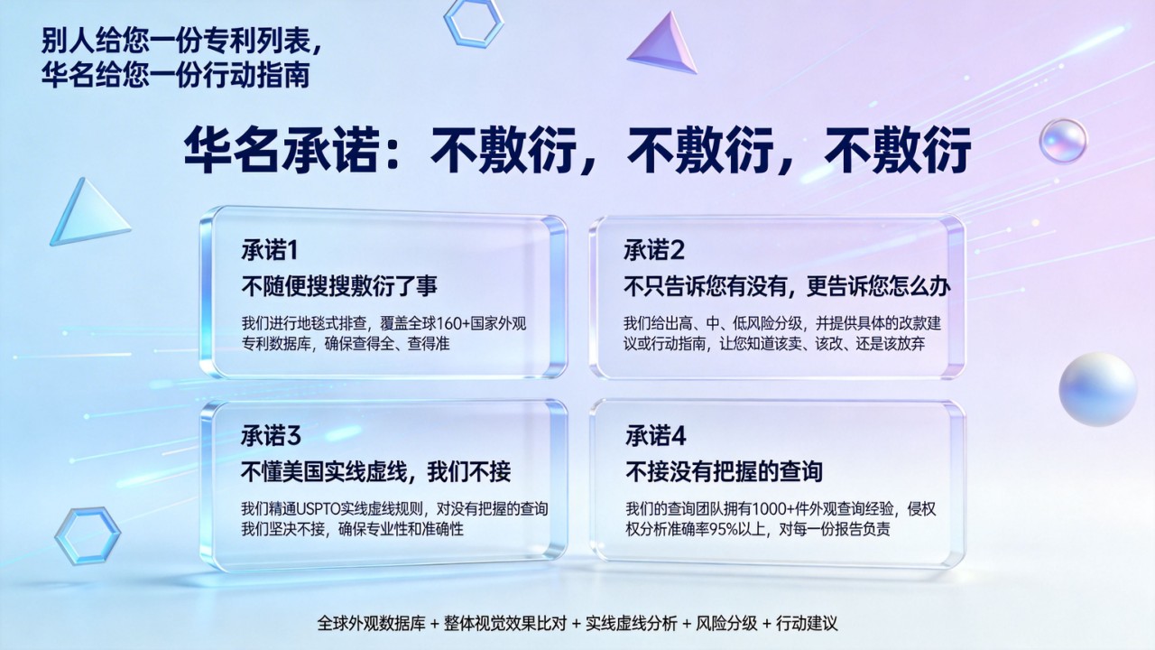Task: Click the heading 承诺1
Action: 270,250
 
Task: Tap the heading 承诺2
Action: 654,250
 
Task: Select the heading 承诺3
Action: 271,436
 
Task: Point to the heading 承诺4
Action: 656,436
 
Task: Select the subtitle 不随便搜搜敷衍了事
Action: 339,286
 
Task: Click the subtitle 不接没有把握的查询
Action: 724,471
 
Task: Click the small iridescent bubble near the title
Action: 1063,141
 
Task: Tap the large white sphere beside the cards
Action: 1098,389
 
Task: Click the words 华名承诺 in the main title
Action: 281,150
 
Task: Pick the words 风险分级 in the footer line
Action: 726,623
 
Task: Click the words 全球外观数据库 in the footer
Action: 371,623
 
